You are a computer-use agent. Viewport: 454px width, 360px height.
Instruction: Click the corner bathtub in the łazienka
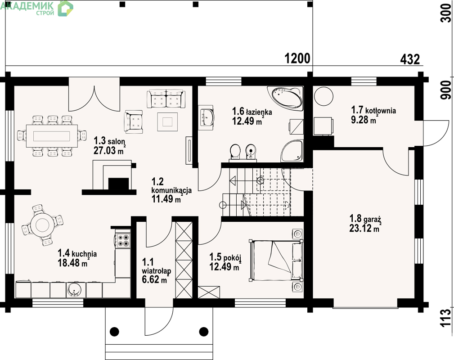[285, 98]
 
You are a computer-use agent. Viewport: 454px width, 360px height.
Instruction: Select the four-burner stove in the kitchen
[123, 240]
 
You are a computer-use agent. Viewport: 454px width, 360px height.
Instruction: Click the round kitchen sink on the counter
[75, 290]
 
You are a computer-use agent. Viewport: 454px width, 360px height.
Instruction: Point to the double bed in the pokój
[275, 260]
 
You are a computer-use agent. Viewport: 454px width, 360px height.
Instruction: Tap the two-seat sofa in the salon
[166, 99]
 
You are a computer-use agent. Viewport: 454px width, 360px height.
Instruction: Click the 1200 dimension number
[297, 58]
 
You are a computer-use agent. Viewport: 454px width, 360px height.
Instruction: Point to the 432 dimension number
[410, 60]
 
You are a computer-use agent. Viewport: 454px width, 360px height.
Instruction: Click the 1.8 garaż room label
[365, 218]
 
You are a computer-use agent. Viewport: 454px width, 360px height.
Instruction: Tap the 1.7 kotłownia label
[373, 110]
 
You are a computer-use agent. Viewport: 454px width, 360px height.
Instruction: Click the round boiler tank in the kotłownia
[324, 96]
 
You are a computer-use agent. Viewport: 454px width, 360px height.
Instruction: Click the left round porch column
[114, 331]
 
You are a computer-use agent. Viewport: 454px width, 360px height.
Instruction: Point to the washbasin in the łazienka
[207, 116]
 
